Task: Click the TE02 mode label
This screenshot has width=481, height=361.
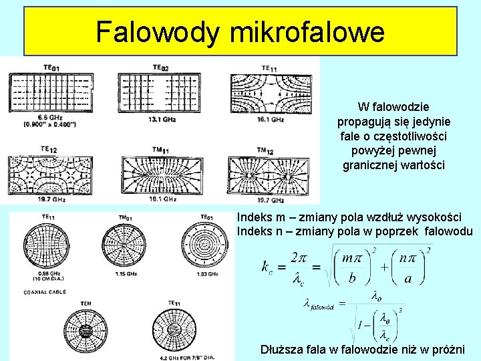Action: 160,67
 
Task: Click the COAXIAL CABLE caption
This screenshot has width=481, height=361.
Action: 45,292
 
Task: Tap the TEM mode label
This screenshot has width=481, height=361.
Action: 86,303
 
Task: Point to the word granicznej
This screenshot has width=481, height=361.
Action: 369,164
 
